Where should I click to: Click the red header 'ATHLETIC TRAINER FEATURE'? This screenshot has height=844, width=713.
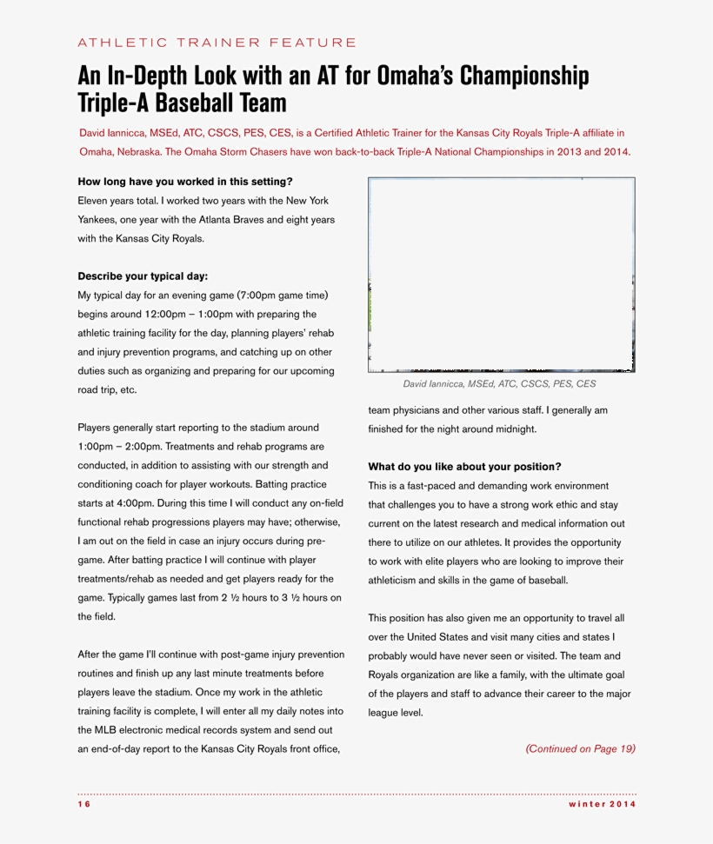[x=217, y=42]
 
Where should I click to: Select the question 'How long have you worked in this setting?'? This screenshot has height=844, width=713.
[x=185, y=182]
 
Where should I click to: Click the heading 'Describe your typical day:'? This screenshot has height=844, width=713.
[x=143, y=276]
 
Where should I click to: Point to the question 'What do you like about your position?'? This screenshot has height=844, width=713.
[x=464, y=467]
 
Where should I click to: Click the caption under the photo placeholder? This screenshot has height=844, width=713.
[x=499, y=383]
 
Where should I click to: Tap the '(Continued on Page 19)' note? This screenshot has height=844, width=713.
[x=580, y=748]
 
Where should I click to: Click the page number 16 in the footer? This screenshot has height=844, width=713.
[x=83, y=804]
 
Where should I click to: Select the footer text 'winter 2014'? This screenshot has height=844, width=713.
[x=603, y=804]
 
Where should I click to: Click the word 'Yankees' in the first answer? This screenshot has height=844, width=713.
[x=98, y=219]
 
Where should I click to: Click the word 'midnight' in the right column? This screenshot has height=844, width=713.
[x=515, y=429]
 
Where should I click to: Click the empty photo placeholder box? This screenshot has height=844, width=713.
[x=501, y=275]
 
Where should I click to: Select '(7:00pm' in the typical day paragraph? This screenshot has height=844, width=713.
[x=260, y=296]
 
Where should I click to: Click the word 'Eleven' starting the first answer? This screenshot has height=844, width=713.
[x=93, y=200]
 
